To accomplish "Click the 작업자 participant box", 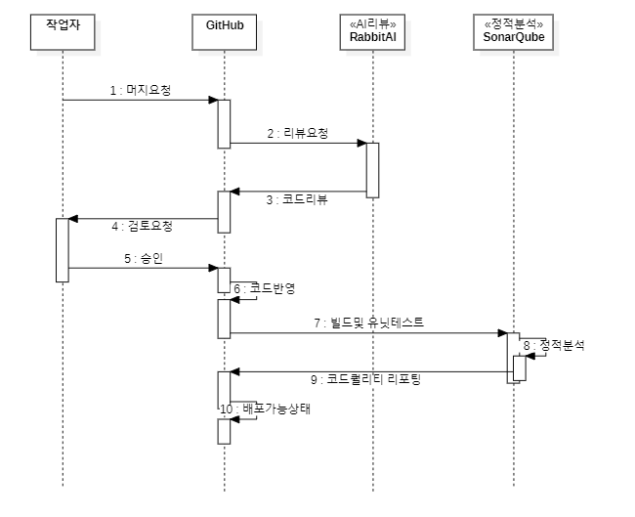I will (x=63, y=31).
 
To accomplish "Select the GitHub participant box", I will (x=224, y=31).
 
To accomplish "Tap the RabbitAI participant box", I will (x=372, y=31).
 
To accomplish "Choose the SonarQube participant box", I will (x=513, y=31).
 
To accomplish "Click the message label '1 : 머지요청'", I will (x=140, y=90).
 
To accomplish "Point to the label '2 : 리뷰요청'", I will (x=298, y=133).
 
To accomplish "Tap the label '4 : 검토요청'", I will (x=142, y=226).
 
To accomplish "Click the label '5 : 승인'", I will (x=141, y=258).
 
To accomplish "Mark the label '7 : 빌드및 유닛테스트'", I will (x=367, y=322).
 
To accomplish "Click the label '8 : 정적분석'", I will (x=554, y=345).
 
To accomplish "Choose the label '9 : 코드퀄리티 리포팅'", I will (x=374, y=379).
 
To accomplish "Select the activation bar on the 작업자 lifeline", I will (x=63, y=250).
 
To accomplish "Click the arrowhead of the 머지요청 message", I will (x=212, y=100).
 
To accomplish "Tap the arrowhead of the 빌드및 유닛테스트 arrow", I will (x=501, y=333).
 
